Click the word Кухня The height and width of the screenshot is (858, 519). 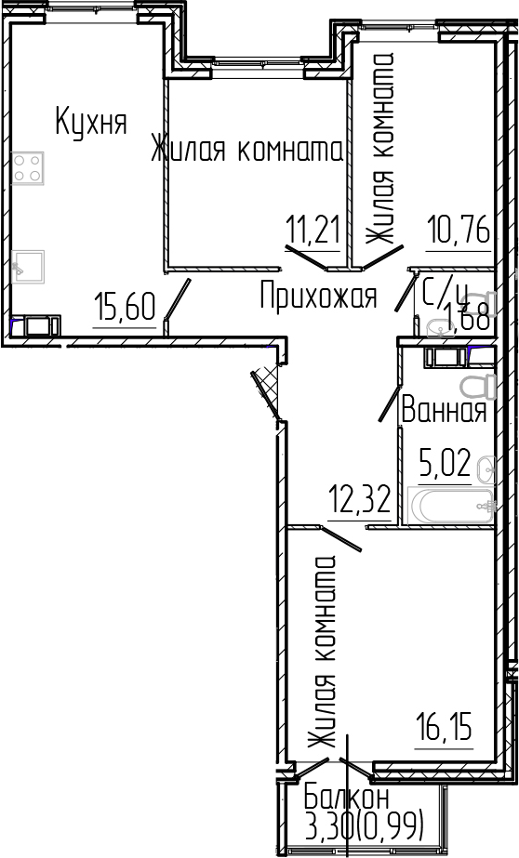[x=90, y=122]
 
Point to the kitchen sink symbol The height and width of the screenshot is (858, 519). [x=30, y=264]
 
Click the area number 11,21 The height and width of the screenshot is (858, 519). [x=312, y=228]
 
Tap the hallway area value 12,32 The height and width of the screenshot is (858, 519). [x=357, y=503]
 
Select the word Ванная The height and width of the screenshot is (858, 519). [x=444, y=410]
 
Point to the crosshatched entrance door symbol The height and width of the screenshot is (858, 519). [x=265, y=390]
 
